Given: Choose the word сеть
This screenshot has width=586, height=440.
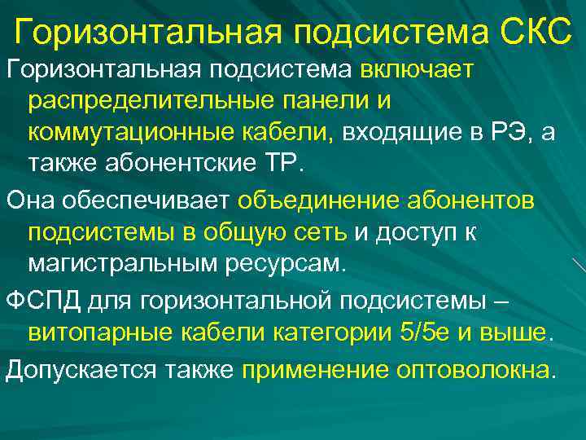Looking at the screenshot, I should (321, 233).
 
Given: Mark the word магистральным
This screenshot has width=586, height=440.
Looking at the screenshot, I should (128, 263).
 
